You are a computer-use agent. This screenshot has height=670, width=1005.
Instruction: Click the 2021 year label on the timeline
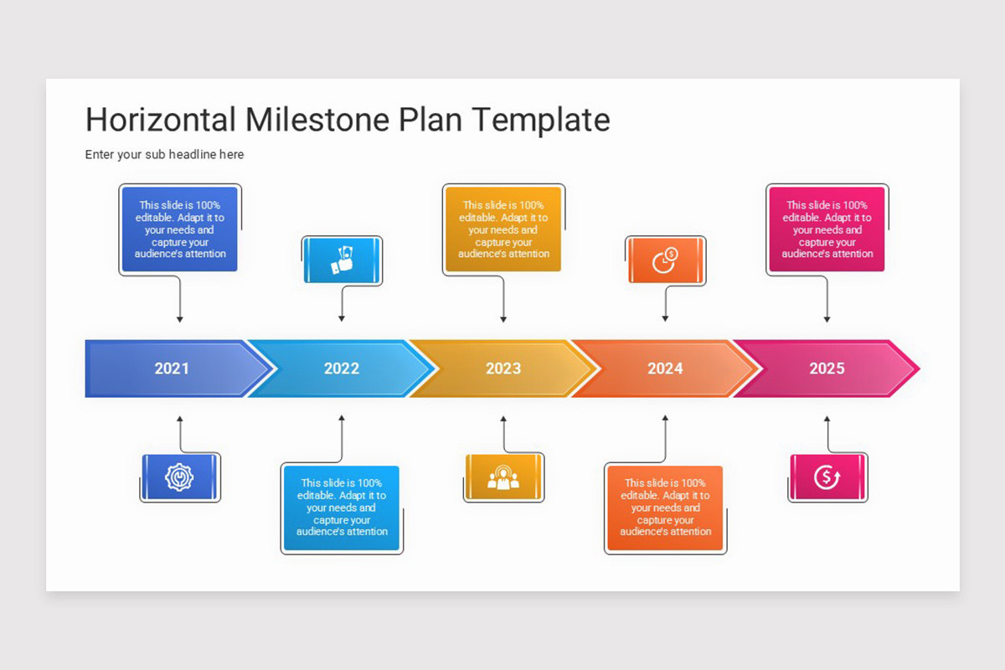[x=172, y=368]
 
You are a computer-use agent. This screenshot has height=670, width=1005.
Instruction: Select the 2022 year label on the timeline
[x=342, y=368]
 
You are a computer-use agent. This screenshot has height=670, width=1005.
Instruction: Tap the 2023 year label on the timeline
[x=503, y=368]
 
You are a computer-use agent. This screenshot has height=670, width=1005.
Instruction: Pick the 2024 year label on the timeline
[x=665, y=368]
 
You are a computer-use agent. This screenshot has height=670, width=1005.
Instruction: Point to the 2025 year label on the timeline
[x=827, y=368]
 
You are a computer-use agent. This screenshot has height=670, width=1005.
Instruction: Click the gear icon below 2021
[x=179, y=477]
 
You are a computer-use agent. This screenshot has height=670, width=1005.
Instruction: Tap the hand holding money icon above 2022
[x=342, y=260]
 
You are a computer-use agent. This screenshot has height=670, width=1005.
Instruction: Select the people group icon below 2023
[x=503, y=477]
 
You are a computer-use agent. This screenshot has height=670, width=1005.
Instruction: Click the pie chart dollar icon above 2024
[x=665, y=260]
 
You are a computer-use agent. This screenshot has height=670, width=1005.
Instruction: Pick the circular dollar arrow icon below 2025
[x=827, y=477]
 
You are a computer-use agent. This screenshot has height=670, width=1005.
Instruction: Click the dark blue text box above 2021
[x=180, y=229]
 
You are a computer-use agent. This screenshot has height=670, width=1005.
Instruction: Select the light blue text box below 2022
[x=342, y=508]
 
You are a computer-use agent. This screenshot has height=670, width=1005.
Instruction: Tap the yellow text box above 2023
[x=503, y=229]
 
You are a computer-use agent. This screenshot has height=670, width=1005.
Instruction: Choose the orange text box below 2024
[x=665, y=508]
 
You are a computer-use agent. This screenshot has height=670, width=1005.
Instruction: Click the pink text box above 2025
[x=827, y=229]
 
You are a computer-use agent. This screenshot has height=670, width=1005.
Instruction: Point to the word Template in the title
[x=539, y=120]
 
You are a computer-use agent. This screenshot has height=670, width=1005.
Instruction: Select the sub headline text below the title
[x=164, y=155]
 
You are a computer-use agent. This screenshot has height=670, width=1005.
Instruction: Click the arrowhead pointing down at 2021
[x=179, y=319]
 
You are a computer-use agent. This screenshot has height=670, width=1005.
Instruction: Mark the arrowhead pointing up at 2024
[x=665, y=418]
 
